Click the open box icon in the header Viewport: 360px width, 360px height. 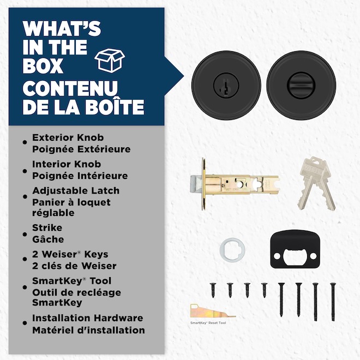[x=110, y=61]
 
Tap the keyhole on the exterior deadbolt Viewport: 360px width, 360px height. [x=226, y=86]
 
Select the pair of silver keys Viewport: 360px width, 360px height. [x=317, y=183]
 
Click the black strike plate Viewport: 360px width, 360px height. [x=295, y=249]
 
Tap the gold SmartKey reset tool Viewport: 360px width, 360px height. [x=212, y=311]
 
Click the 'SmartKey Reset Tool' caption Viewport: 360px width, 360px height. [x=208, y=323]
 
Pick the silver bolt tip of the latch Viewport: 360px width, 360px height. [x=196, y=184]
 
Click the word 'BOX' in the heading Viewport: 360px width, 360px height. [x=43, y=65]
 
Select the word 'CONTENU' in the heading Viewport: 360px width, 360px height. [x=70, y=88]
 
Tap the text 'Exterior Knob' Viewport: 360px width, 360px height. [x=68, y=137]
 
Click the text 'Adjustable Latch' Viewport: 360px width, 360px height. [x=76, y=191]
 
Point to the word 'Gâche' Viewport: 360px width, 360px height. [x=48, y=239]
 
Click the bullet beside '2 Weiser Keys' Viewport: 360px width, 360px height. [x=25, y=259]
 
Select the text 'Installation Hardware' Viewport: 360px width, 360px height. [x=87, y=318]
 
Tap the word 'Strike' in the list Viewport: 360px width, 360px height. [x=47, y=228]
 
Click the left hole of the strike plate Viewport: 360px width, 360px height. [x=277, y=256]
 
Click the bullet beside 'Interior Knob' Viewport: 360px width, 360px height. [x=25, y=171]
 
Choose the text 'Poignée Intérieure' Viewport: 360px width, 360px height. [x=80, y=176]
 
